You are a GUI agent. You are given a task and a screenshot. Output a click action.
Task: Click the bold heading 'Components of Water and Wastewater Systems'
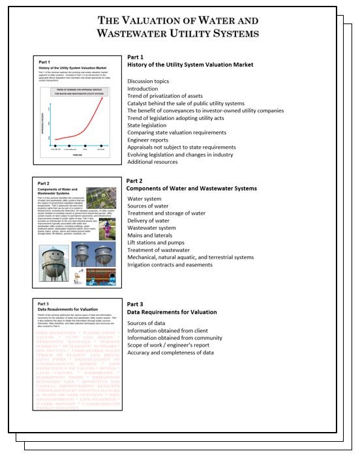click(191, 188)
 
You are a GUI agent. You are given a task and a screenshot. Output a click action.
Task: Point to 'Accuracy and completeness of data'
click(170, 352)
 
